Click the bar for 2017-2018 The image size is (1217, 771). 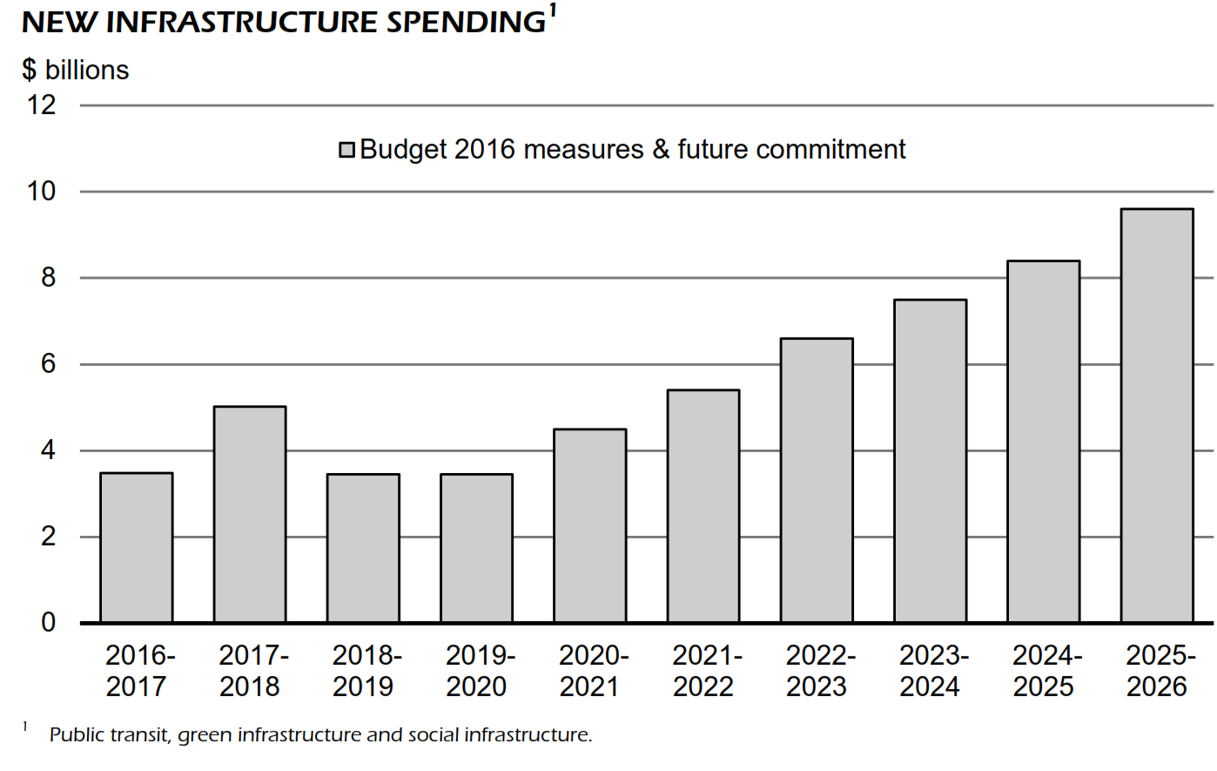250,514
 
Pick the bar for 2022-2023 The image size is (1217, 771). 817,480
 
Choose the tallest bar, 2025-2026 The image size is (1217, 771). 1157,416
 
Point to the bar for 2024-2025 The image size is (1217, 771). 1044,442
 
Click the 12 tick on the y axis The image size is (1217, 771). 42,105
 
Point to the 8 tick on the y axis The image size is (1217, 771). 48,278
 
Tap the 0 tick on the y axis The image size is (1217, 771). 48,622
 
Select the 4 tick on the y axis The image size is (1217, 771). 48,450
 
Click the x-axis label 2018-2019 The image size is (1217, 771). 364,671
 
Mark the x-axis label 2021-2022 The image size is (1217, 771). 703,671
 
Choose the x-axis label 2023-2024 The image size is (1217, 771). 931,671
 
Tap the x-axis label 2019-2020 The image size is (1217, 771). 477,671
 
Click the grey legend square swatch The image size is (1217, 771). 347,150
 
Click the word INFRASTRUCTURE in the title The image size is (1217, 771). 242,23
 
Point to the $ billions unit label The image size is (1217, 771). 76,70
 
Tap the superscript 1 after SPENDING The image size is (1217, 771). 553,10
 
